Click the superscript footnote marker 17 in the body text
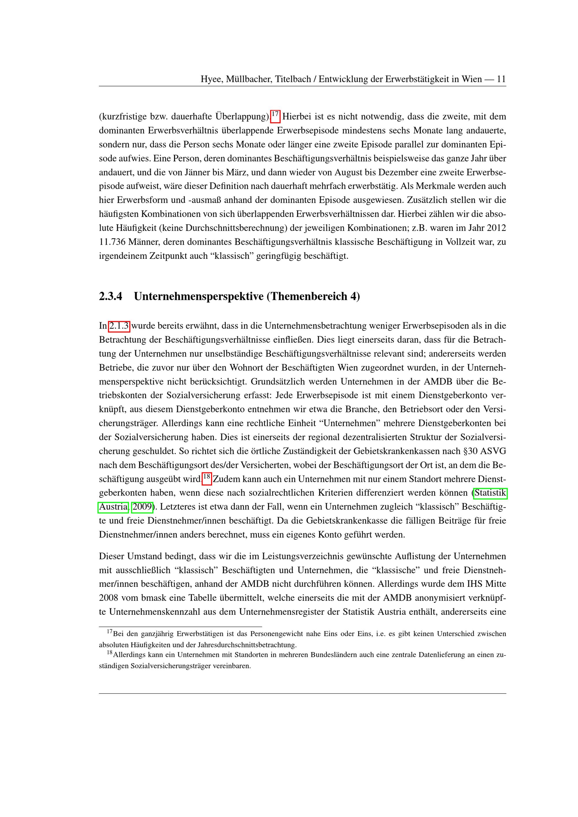(275, 115)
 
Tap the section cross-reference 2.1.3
(119, 326)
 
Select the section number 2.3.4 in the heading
(110, 296)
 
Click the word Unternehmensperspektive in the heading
(199, 296)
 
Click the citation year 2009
(142, 507)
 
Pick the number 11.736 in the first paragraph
(112, 242)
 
